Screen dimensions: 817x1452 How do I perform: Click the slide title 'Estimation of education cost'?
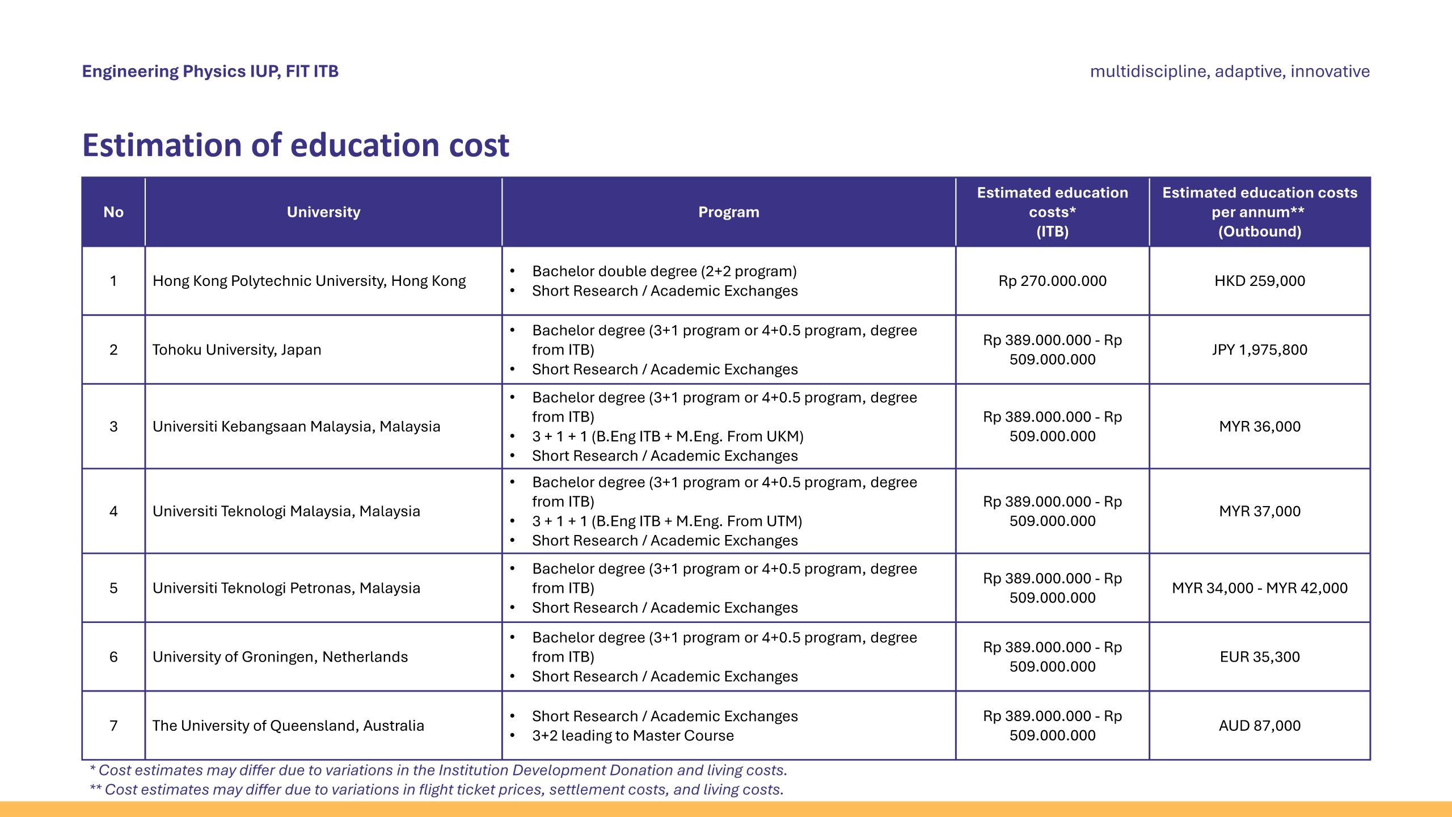point(296,145)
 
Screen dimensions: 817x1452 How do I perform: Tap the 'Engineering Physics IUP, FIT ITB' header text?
point(210,71)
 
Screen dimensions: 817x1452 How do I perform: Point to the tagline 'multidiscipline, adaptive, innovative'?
point(1230,71)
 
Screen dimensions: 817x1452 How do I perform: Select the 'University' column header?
point(323,212)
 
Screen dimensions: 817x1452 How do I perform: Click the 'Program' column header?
point(728,212)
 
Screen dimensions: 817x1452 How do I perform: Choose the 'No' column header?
point(113,212)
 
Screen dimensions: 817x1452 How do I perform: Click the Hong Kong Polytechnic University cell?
point(309,281)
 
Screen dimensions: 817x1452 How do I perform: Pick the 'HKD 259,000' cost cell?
point(1259,281)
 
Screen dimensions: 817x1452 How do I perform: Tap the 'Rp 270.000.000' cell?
point(1052,281)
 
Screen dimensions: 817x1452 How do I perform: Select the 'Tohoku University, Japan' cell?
point(237,349)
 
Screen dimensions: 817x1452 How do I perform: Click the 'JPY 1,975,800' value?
point(1259,349)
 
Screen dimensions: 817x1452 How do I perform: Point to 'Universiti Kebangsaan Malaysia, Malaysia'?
point(296,426)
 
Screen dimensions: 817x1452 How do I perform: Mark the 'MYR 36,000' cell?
point(1259,426)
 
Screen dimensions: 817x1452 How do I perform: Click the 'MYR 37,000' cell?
point(1259,511)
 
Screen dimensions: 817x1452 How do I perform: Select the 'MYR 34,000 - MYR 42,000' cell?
point(1259,588)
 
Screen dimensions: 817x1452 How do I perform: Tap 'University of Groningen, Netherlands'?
point(280,656)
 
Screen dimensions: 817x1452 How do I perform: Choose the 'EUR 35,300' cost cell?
point(1259,656)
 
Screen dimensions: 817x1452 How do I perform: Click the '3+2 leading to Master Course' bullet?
point(632,736)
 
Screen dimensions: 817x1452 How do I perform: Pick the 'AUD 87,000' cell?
point(1259,726)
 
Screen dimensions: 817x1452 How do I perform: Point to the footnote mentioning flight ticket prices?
point(437,790)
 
